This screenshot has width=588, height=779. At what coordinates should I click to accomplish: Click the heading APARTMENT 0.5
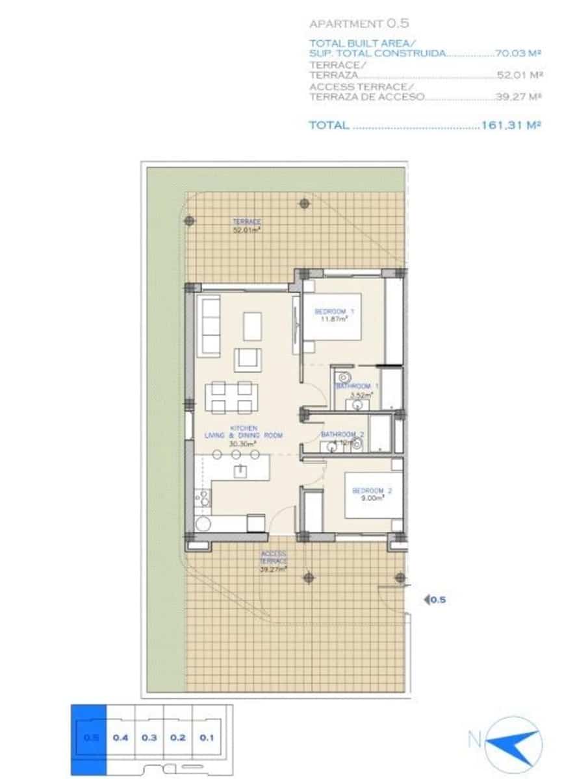(x=359, y=24)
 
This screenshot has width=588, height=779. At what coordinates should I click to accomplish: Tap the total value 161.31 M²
(x=511, y=125)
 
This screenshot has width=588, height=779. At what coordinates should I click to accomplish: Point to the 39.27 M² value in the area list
(x=518, y=97)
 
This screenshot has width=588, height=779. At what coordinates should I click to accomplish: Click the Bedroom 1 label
(x=335, y=315)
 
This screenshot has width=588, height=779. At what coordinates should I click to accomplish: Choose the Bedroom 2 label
(x=368, y=494)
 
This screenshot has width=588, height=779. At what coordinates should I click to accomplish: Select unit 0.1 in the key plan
(x=207, y=737)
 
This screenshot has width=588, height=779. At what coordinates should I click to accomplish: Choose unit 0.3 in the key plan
(x=149, y=737)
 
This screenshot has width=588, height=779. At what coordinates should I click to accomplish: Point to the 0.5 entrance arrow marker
(x=435, y=600)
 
